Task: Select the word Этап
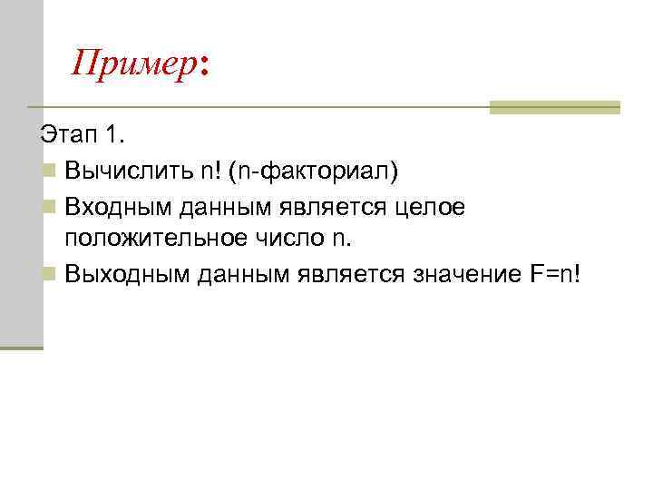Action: (x=67, y=136)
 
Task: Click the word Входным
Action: (x=118, y=208)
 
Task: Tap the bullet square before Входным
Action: (x=47, y=208)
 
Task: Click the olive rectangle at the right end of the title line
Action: (x=554, y=107)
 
